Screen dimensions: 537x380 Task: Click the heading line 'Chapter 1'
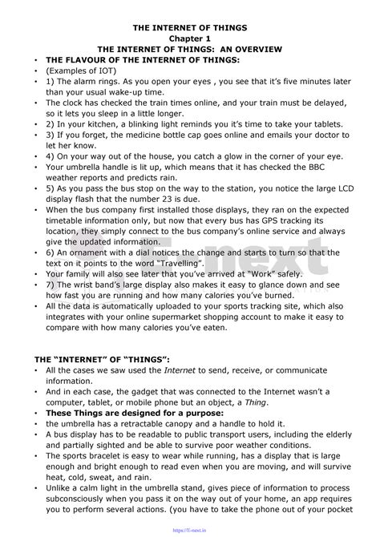tap(190, 38)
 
